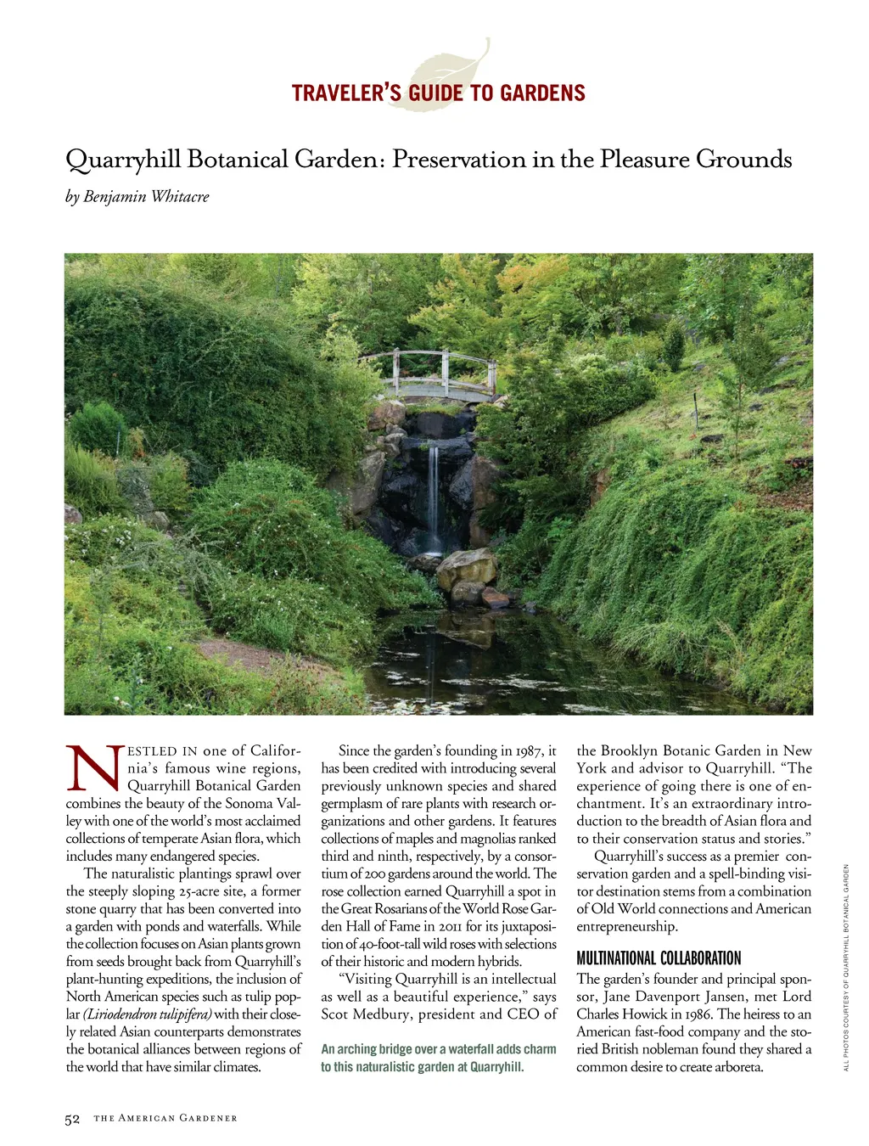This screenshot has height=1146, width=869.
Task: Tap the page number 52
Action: [72, 1119]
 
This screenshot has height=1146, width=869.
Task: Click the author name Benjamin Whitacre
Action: [146, 197]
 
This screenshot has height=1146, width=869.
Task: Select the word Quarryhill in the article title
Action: [123, 160]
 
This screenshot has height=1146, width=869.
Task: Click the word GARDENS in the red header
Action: [543, 93]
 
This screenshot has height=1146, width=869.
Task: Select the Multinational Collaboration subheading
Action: [659, 958]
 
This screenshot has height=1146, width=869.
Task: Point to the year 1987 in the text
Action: [529, 750]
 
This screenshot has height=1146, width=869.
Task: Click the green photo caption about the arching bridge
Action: [438, 1058]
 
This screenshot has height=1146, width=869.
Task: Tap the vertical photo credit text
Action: [846, 967]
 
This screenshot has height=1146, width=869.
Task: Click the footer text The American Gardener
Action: [165, 1119]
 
